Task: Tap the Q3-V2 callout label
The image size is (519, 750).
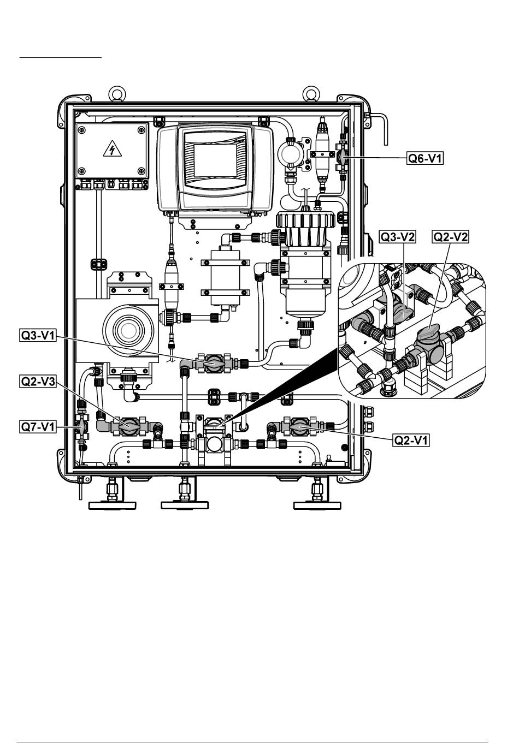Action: [397, 237]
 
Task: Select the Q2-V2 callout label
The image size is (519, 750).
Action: [451, 237]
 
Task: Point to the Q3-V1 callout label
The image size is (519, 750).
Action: [38, 336]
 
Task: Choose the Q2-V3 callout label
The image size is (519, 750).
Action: [38, 381]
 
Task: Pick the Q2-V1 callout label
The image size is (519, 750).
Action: [411, 440]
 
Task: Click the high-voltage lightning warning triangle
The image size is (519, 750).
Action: [112, 149]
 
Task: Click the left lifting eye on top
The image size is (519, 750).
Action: [117, 93]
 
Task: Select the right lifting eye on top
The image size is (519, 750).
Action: [310, 93]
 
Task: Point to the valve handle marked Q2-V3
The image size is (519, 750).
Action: [128, 426]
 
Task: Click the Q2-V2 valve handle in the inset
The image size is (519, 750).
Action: [430, 332]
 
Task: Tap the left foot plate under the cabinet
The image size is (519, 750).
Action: [112, 505]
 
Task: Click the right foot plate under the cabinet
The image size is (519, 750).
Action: [317, 505]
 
